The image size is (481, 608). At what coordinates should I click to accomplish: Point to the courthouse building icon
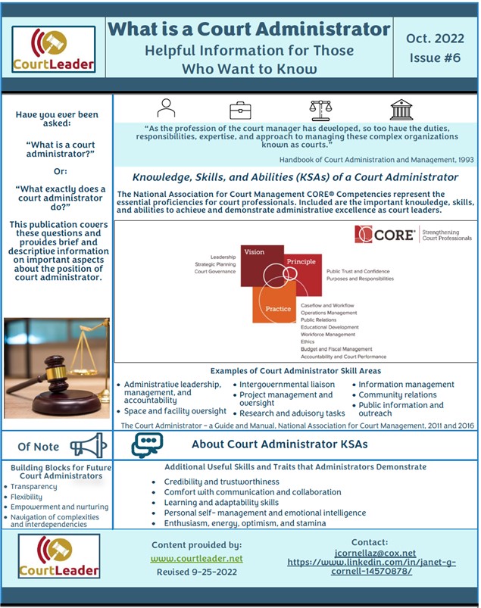click(401, 110)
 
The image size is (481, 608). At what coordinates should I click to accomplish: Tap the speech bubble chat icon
click(147, 445)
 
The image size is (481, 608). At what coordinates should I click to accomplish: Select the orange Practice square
click(273, 304)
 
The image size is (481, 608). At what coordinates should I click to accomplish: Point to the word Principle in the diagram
click(301, 261)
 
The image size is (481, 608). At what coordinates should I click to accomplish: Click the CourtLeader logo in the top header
click(53, 50)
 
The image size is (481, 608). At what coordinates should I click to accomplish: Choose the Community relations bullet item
click(398, 394)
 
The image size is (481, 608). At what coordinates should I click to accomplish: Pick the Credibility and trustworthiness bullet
click(221, 482)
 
